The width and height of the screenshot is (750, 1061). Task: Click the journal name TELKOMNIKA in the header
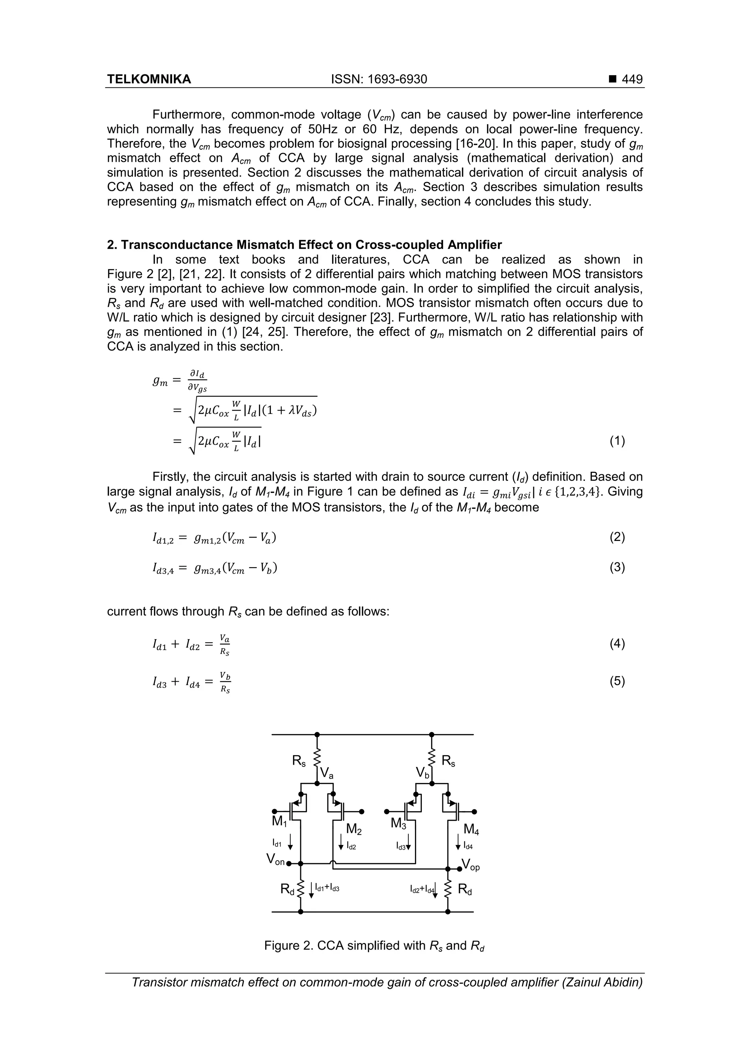149,79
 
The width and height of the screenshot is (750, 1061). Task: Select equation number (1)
617,441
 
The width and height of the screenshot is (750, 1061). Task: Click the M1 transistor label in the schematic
279,821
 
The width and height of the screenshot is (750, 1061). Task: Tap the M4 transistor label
471,830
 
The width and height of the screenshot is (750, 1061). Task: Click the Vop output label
471,865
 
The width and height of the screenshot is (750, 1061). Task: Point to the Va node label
326,773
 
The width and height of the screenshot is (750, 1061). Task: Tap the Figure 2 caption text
374,946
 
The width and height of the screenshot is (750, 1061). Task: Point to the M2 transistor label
353,830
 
